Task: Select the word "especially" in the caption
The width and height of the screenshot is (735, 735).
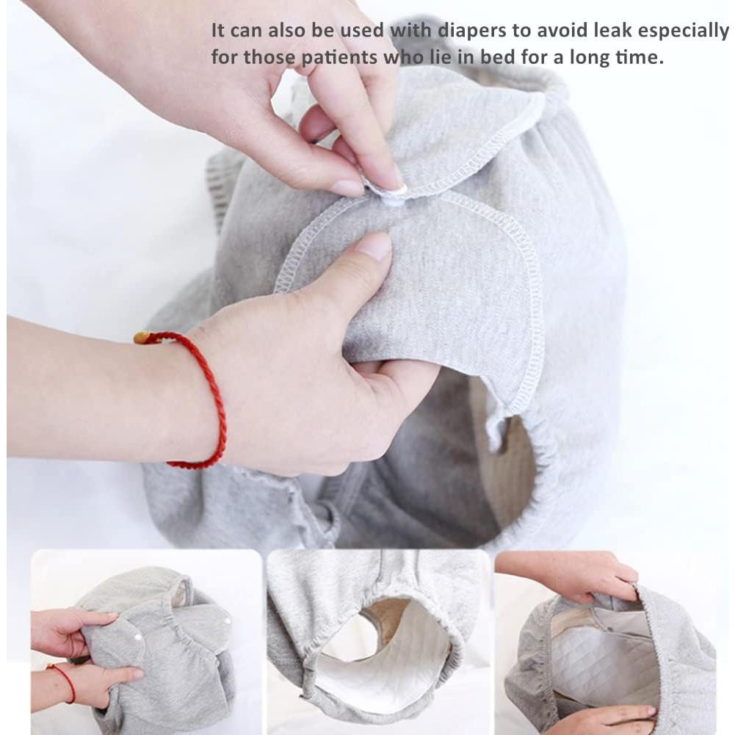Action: [687, 31]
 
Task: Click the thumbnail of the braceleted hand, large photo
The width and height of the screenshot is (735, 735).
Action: [377, 247]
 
